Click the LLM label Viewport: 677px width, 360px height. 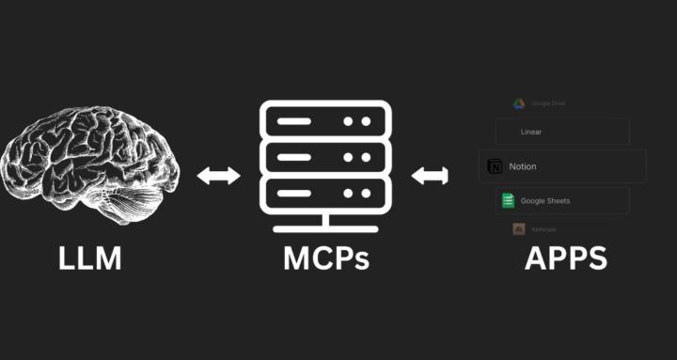tap(90, 258)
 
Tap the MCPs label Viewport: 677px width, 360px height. tap(326, 258)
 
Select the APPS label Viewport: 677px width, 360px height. tap(565, 258)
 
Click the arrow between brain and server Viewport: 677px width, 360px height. tap(218, 176)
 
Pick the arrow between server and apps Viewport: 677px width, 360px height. tap(431, 176)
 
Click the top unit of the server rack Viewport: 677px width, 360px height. tap(325, 120)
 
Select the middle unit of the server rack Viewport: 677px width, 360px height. tap(325, 157)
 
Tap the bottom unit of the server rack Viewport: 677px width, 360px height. tap(325, 194)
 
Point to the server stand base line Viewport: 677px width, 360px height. tap(325, 228)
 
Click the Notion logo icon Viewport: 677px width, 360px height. tap(495, 166)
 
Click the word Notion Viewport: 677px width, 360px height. tap(523, 166)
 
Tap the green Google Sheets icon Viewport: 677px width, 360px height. tap(507, 200)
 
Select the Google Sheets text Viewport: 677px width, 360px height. tap(545, 201)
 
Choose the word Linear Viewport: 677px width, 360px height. tap(530, 133)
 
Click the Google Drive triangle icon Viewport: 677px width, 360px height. tap(518, 103)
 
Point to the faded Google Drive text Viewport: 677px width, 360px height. tap(548, 103)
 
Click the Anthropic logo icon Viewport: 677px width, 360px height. tap(518, 229)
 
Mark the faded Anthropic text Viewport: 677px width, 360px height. tap(543, 229)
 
